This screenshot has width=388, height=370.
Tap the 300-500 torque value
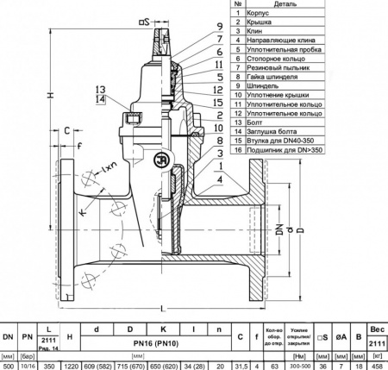click(307, 365)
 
